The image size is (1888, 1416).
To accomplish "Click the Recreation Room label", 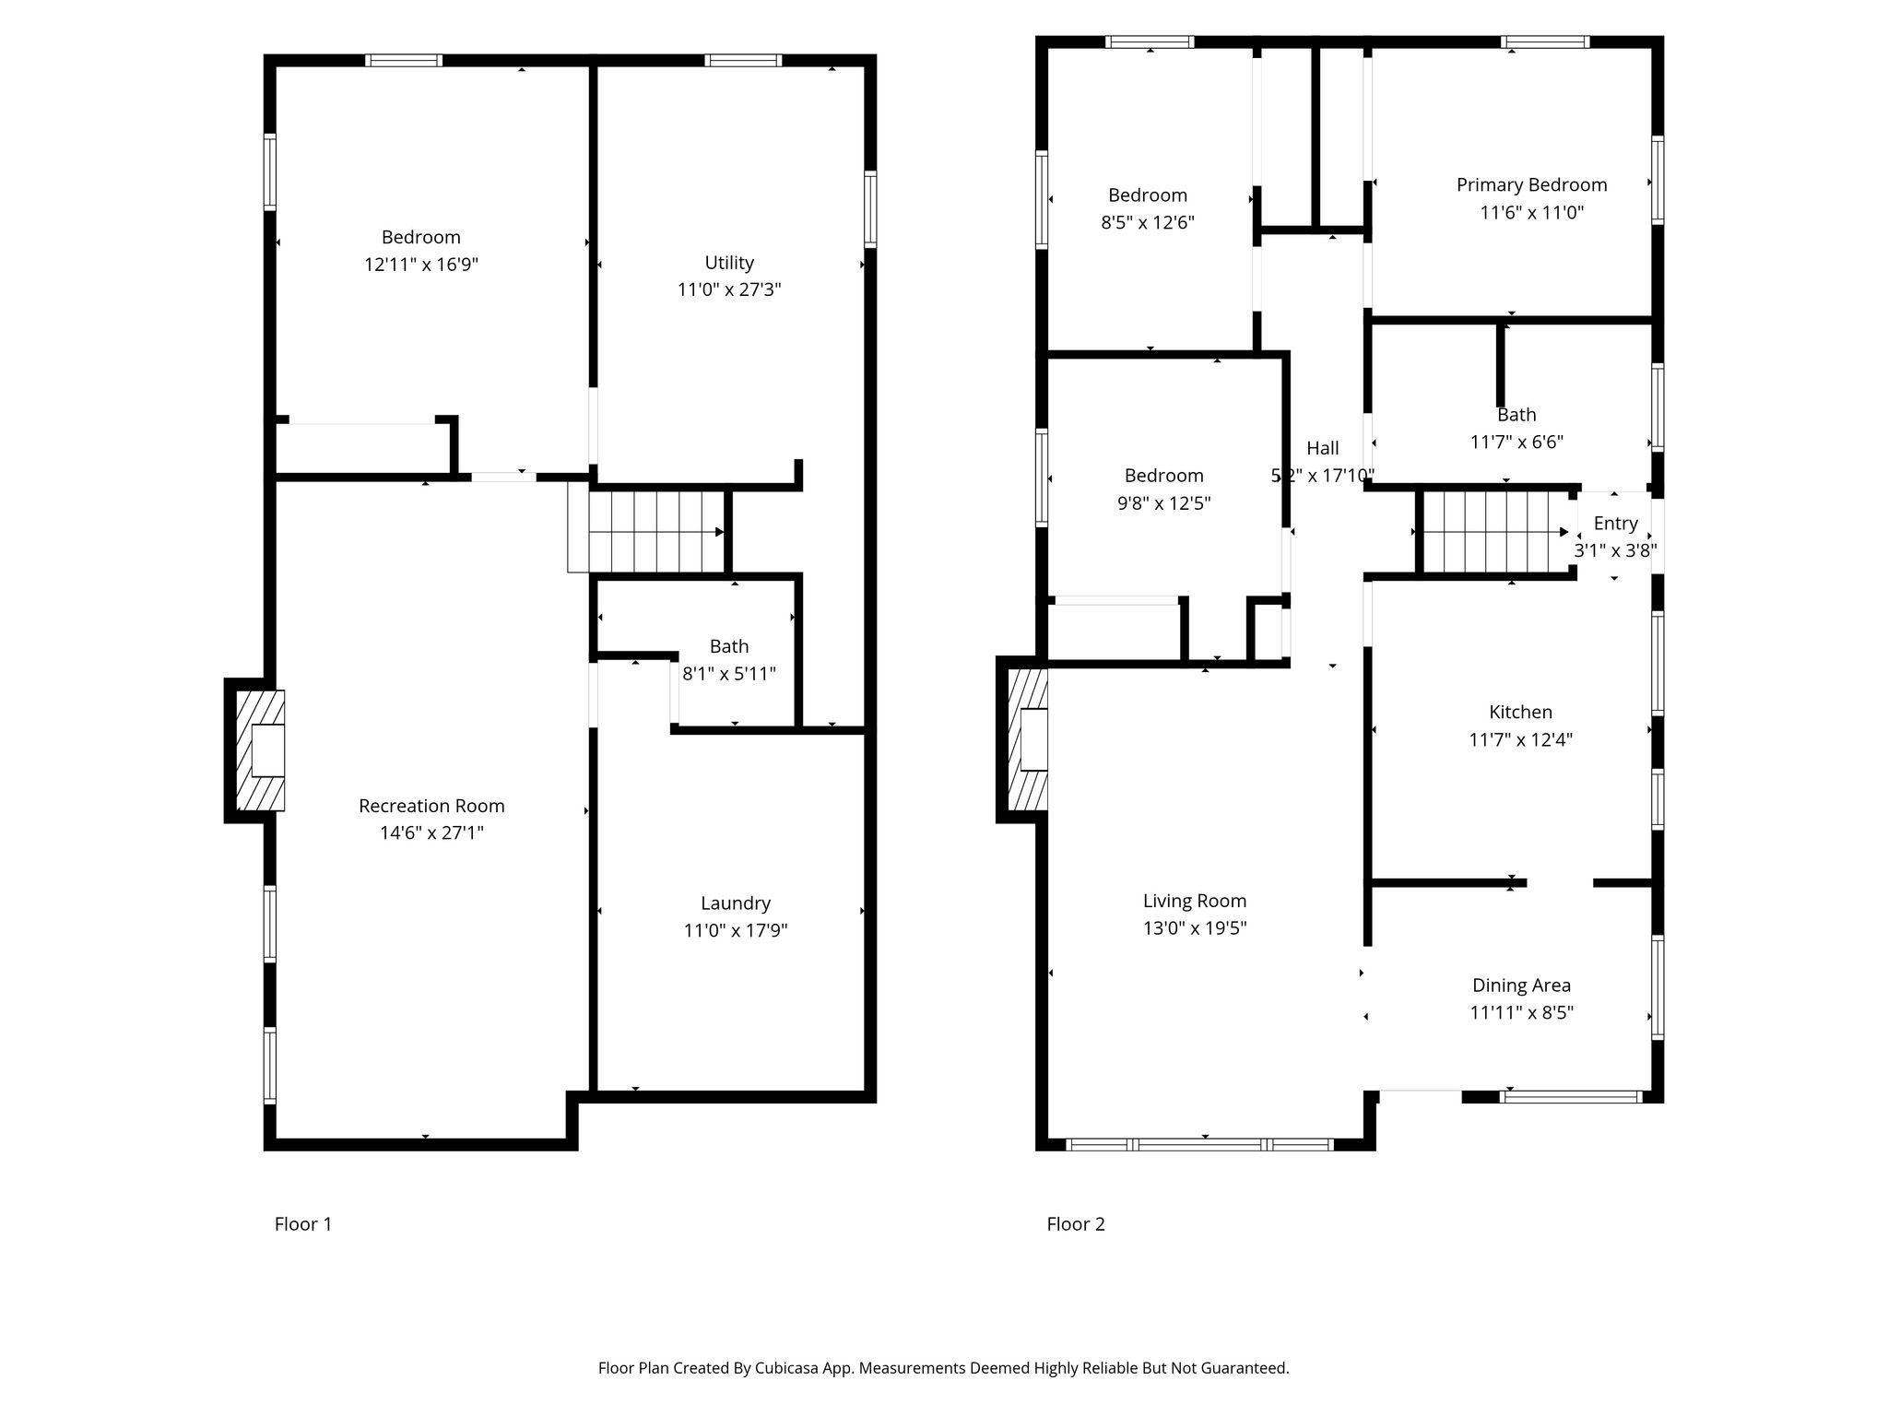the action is click(x=431, y=806).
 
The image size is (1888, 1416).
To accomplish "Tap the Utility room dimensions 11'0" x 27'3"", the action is click(x=729, y=289).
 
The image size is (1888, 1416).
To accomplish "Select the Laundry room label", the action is click(x=736, y=903).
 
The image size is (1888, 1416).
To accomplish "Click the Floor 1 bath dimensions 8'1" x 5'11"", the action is click(x=729, y=674).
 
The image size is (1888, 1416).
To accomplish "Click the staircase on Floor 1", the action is click(x=656, y=532).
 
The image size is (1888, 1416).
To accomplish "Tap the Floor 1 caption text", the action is click(x=303, y=1224).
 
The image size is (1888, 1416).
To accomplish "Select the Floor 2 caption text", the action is click(x=1076, y=1224).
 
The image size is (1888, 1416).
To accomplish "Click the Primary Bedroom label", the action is click(x=1532, y=184).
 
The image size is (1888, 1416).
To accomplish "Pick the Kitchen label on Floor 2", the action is click(x=1521, y=712).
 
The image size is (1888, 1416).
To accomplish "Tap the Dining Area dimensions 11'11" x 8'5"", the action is click(x=1521, y=1012).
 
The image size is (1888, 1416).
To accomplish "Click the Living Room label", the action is click(x=1195, y=901).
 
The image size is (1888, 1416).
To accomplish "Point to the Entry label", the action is click(x=1616, y=524).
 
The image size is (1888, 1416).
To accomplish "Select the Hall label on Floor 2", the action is click(x=1323, y=448).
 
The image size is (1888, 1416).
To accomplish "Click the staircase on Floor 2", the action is click(x=1494, y=532).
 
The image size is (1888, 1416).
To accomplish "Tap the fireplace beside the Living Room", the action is click(x=1029, y=739).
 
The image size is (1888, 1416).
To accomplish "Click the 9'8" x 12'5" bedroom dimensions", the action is click(x=1164, y=503).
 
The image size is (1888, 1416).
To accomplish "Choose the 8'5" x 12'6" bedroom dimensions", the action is click(x=1148, y=222).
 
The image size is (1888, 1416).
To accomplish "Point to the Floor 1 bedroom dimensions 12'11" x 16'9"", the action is click(x=421, y=265).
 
